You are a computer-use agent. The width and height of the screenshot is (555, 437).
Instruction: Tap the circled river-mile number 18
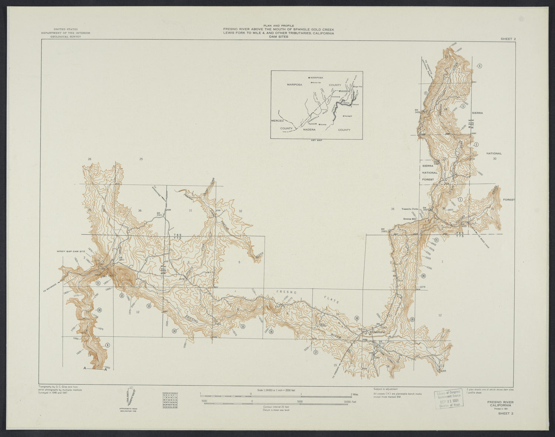[357, 318]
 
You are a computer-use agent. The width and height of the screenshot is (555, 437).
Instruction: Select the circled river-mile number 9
[107, 345]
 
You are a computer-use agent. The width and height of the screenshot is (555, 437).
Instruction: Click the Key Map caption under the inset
[317, 141]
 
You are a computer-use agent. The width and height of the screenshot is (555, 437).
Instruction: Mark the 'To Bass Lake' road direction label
[483, 242]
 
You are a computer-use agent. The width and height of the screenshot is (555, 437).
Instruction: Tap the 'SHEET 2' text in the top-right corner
[508, 38]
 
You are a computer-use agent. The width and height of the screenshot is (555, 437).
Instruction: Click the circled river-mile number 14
[174, 331]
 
